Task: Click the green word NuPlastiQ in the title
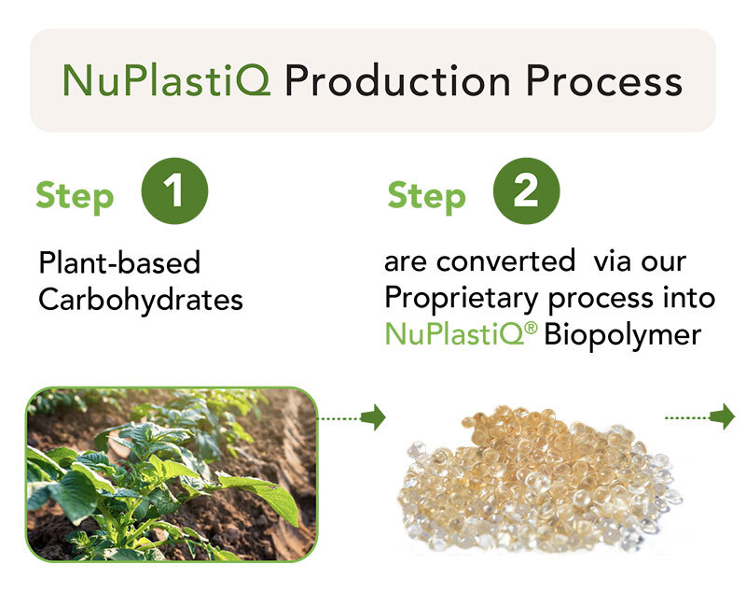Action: point(167,80)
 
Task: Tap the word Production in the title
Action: point(398,80)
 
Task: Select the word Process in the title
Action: point(604,80)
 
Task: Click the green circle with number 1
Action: point(174,191)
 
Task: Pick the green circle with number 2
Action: point(526,191)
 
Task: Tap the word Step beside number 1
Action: point(75,196)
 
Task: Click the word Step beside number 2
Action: point(427,196)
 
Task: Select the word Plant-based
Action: point(119,262)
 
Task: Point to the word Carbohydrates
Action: point(141,300)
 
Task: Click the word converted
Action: point(505,261)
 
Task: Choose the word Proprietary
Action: point(461,299)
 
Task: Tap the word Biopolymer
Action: point(622,335)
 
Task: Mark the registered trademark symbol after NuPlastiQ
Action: point(532,327)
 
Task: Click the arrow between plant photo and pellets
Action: point(352,417)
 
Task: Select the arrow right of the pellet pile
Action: point(700,416)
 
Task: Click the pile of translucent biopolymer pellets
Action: point(539,480)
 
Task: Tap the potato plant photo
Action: point(172,474)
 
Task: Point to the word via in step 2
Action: point(612,261)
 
